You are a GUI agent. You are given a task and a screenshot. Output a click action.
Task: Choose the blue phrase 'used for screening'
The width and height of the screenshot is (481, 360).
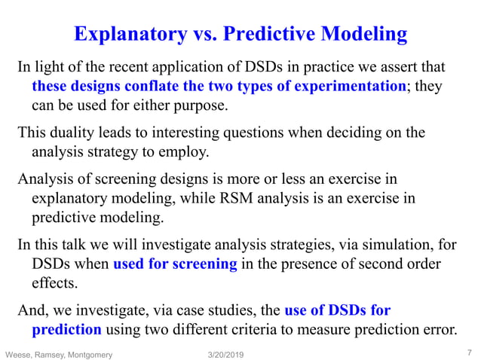(x=175, y=264)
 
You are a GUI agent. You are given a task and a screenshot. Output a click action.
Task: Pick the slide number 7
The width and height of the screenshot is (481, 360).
(x=468, y=352)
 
